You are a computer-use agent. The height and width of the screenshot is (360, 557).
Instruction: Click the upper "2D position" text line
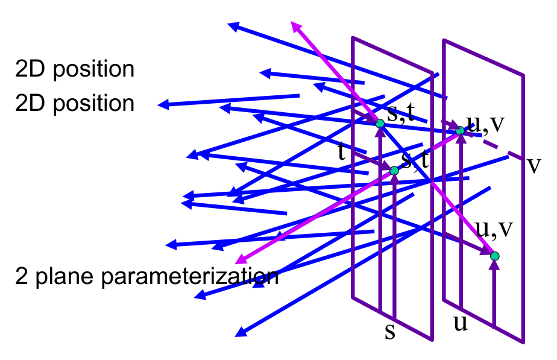click(x=75, y=69)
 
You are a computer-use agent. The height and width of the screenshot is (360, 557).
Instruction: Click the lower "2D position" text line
click(x=75, y=103)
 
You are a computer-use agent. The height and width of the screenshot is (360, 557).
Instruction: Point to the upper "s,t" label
click(x=401, y=113)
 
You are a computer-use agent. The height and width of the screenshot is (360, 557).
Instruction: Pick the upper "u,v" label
click(x=486, y=123)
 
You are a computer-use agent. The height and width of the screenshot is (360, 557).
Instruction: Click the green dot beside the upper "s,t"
click(x=380, y=124)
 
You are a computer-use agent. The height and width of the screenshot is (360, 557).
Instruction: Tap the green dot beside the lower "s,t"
click(x=394, y=171)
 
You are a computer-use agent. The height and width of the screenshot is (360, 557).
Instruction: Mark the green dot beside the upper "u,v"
click(x=460, y=131)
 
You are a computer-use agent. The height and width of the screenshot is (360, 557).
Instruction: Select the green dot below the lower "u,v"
click(x=495, y=256)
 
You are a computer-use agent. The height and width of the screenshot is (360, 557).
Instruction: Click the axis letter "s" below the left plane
click(x=390, y=331)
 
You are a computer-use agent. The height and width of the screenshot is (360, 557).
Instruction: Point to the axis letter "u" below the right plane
click(x=461, y=323)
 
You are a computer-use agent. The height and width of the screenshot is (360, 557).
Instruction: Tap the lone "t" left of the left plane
click(x=341, y=151)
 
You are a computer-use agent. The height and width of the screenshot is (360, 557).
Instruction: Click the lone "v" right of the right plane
click(x=533, y=165)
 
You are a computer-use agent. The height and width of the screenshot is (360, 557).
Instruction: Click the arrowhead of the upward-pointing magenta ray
click(x=296, y=27)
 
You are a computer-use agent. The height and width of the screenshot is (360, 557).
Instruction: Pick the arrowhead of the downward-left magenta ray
click(x=241, y=259)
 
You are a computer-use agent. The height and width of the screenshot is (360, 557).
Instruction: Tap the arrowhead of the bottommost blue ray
click(x=241, y=332)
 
